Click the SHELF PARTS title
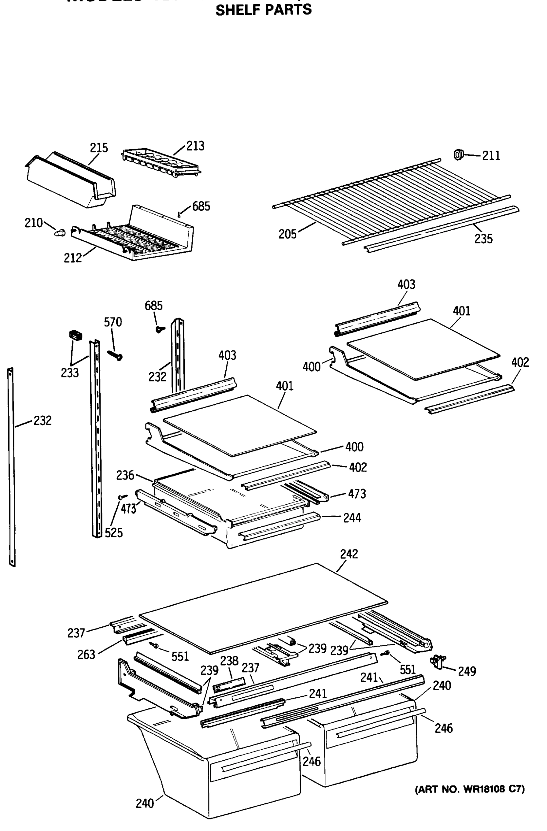[263, 10]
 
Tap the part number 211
[491, 156]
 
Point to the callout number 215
[99, 148]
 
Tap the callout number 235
[483, 239]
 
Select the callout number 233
[70, 373]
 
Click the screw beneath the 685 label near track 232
[160, 329]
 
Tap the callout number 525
[114, 533]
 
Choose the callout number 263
[86, 654]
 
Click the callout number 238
[229, 660]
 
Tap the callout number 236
[125, 475]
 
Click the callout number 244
[352, 518]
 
